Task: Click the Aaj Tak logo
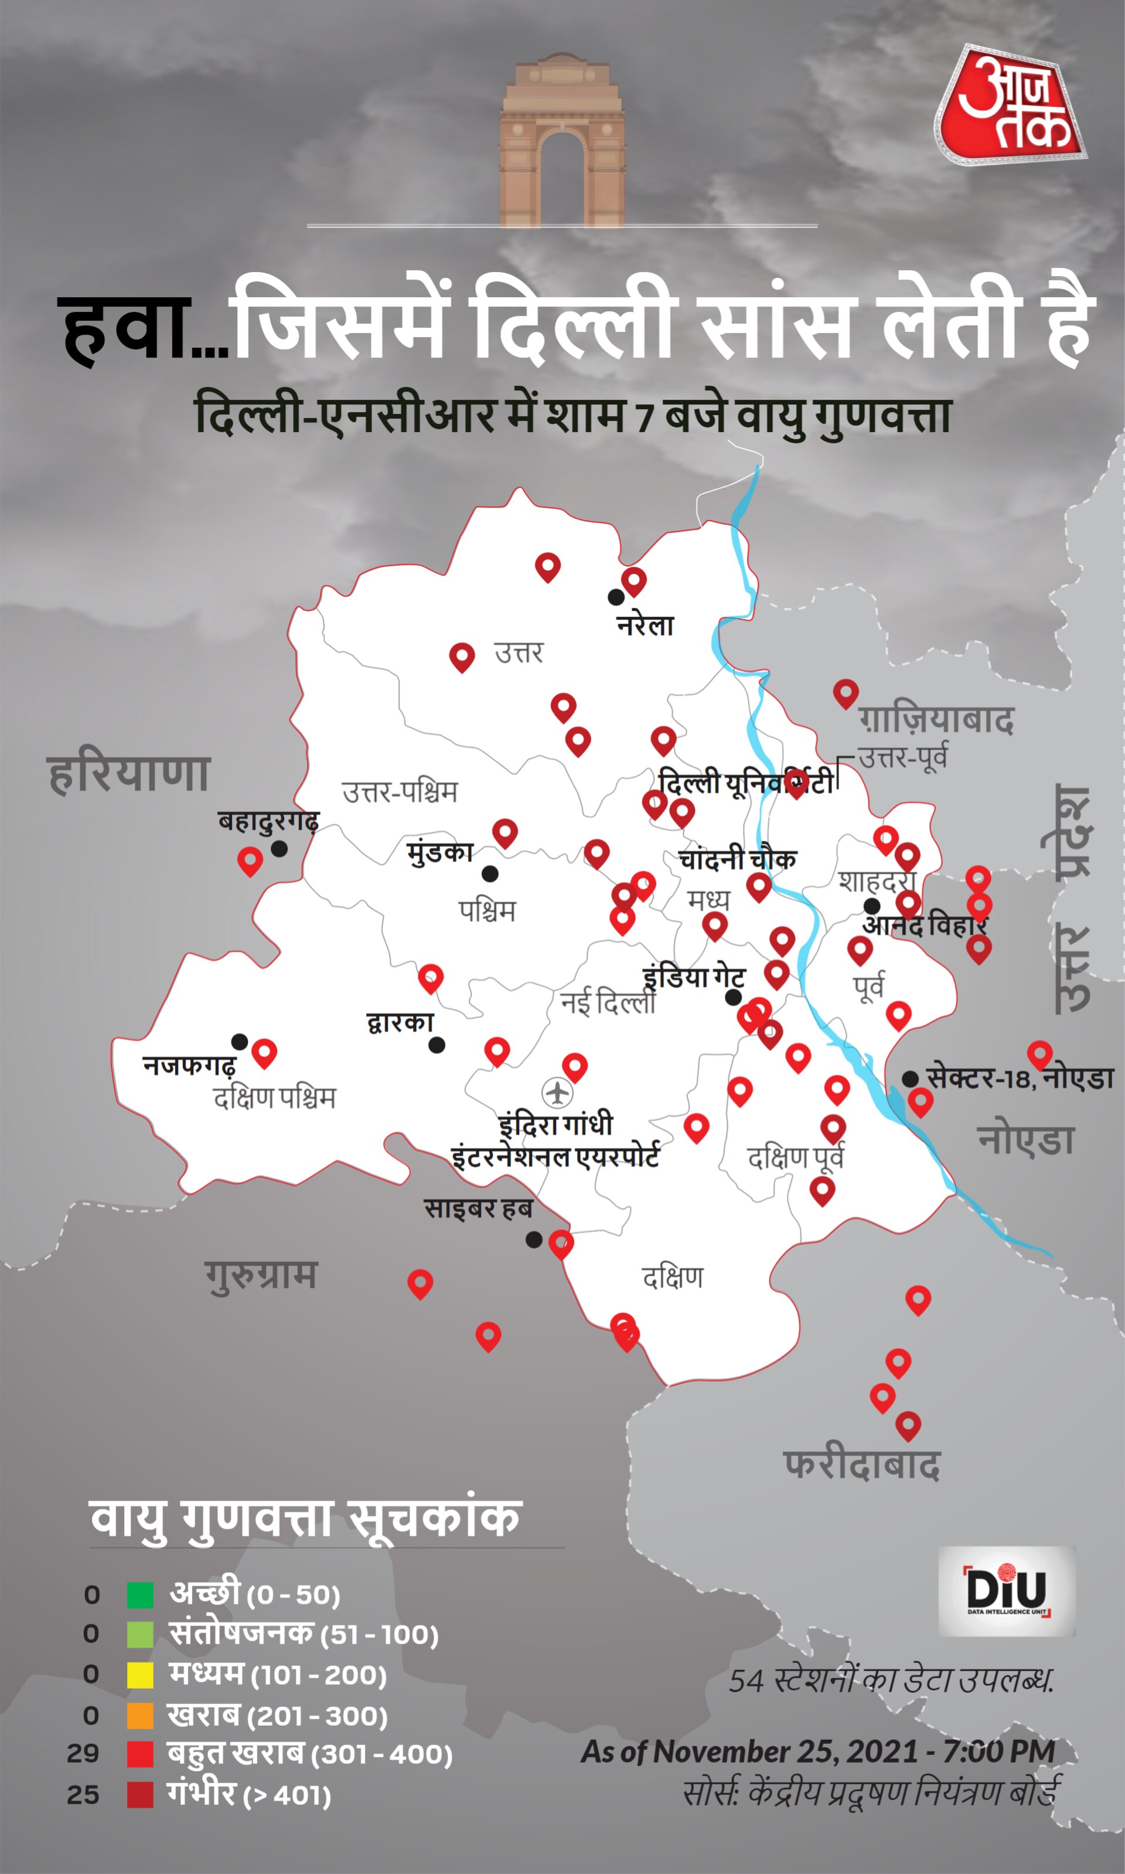(x=1011, y=106)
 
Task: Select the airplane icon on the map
(x=557, y=1093)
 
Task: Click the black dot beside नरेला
(x=616, y=597)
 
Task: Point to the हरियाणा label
(x=128, y=774)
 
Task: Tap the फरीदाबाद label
(x=862, y=1464)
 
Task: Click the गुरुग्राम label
(x=261, y=1275)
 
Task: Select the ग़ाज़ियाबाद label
(x=936, y=720)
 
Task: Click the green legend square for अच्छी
(x=140, y=1595)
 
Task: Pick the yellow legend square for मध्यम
(x=140, y=1675)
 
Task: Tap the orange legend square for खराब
(x=140, y=1716)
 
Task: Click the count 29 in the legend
(x=83, y=1753)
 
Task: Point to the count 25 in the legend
(x=83, y=1795)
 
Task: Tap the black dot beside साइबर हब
(x=534, y=1239)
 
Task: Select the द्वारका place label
(x=400, y=1023)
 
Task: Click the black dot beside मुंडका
(x=490, y=873)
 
